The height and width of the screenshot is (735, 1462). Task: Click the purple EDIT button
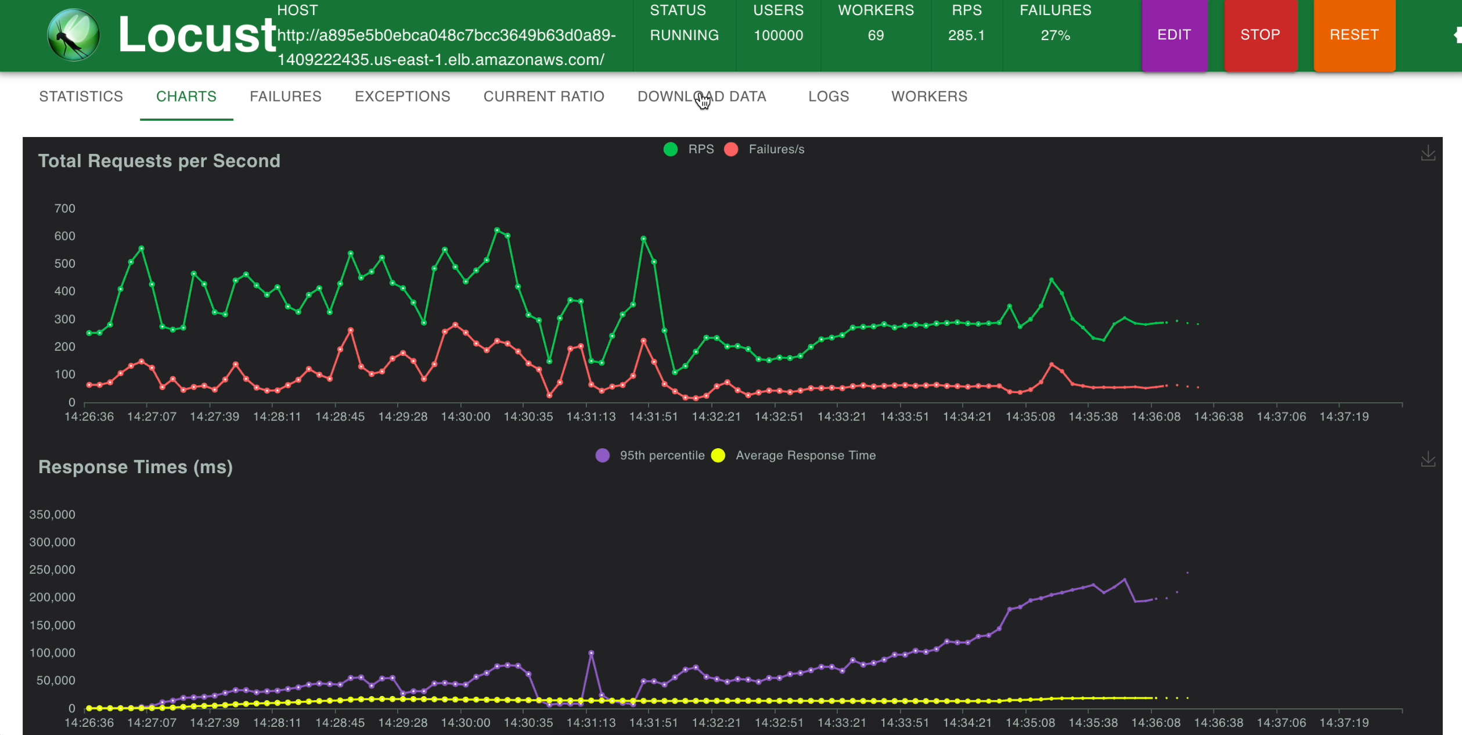1174,35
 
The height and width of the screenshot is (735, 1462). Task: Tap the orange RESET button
1354,35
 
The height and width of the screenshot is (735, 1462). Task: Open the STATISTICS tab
81,96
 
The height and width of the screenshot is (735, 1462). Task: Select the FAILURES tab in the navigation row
286,96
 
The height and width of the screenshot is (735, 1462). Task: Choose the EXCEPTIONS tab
402,96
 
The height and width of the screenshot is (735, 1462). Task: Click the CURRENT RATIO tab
544,96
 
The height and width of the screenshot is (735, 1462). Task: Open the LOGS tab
829,96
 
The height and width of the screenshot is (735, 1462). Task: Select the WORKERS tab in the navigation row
929,96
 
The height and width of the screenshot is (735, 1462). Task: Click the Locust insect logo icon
73,35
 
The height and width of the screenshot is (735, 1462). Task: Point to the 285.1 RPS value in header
966,35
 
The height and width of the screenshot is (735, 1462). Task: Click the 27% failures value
1055,35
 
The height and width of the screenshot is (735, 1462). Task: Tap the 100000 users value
778,35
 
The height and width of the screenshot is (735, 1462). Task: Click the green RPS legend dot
671,149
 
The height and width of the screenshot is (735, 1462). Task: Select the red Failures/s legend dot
731,149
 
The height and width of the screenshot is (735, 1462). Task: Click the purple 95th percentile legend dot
603,455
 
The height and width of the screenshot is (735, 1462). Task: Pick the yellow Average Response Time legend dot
718,455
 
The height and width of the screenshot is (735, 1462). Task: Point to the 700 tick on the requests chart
64,208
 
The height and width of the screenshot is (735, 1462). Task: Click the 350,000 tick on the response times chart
52,514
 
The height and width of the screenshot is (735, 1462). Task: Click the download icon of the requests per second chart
1428,153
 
